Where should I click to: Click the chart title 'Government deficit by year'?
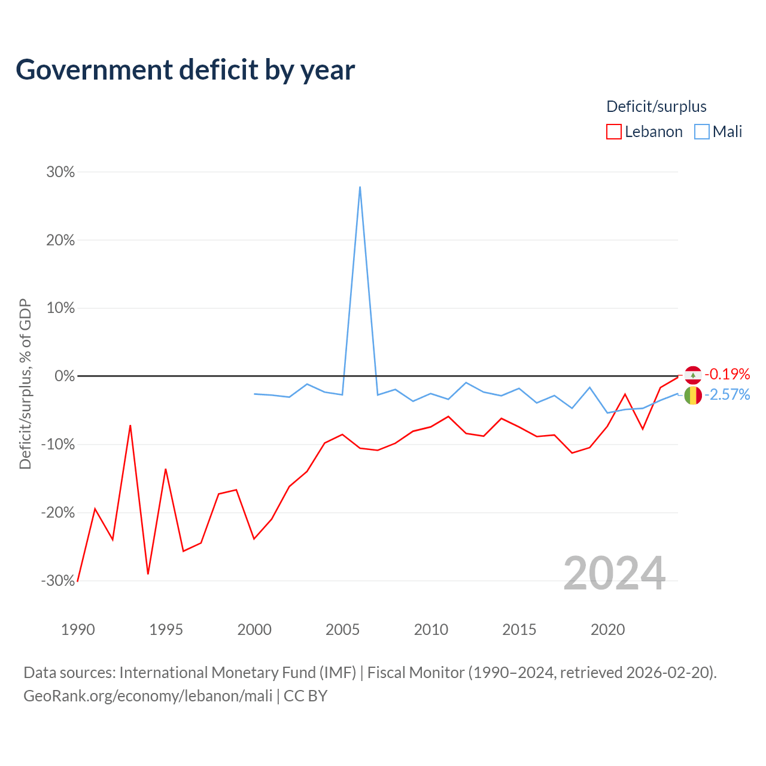click(185, 70)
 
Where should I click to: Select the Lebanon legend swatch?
click(613, 132)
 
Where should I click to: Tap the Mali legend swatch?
click(701, 132)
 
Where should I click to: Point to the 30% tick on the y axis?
click(60, 172)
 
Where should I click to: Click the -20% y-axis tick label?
click(58, 512)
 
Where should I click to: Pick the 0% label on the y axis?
click(65, 376)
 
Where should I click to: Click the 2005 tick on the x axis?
click(342, 630)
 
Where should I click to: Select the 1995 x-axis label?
click(166, 630)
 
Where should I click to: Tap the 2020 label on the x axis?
click(607, 630)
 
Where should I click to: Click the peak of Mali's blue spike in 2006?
click(360, 187)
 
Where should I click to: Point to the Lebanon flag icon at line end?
click(693, 375)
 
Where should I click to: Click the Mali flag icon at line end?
click(693, 396)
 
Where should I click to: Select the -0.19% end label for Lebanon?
click(727, 374)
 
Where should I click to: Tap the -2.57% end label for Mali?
click(727, 395)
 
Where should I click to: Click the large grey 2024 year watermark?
click(614, 573)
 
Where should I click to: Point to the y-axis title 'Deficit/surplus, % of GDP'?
click(25, 384)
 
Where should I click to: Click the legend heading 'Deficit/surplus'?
click(656, 107)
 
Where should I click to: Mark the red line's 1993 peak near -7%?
click(130, 425)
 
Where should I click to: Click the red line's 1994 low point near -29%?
click(148, 574)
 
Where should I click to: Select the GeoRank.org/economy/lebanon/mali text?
click(148, 696)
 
